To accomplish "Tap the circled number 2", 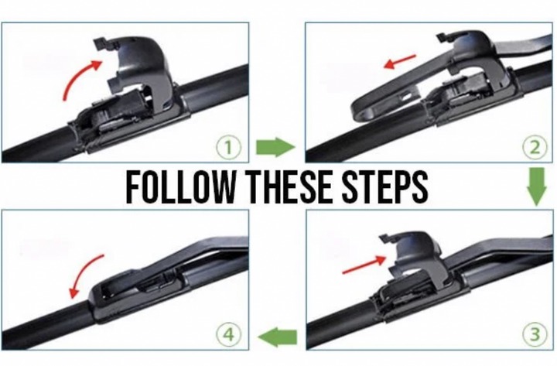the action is click(x=535, y=147).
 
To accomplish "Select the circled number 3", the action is click(x=535, y=334).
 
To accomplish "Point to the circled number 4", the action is click(x=228, y=335).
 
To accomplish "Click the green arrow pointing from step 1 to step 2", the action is click(x=275, y=147).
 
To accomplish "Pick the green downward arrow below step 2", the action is click(x=536, y=186).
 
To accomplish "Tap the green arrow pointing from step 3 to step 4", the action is click(x=278, y=337).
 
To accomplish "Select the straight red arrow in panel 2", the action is click(x=400, y=62).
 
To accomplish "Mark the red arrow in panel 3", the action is click(x=364, y=265).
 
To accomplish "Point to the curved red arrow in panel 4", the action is click(x=82, y=274).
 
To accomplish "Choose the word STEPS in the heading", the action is click(x=384, y=187).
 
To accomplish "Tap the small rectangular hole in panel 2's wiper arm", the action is click(x=405, y=97).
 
